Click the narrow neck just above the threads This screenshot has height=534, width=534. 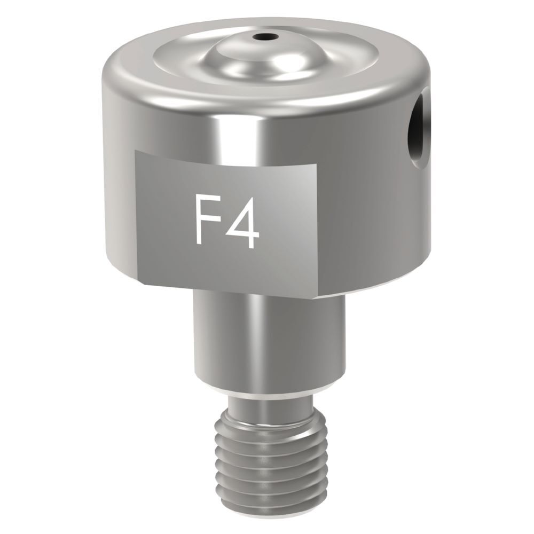[x=271, y=402]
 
